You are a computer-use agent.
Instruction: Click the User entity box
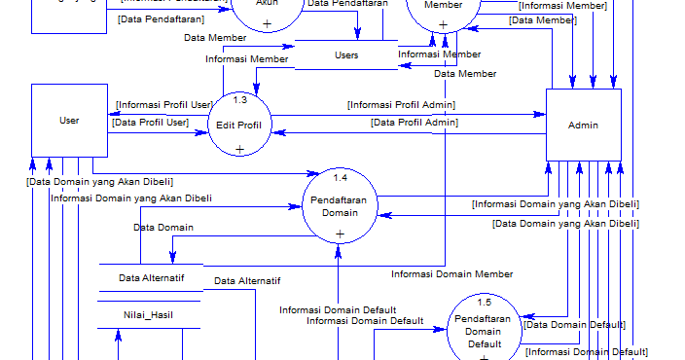coord(69,121)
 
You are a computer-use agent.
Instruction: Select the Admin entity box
coord(583,125)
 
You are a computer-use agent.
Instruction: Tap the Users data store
coord(346,55)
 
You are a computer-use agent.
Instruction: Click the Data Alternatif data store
coord(150,278)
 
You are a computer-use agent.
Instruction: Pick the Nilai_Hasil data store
coord(148,314)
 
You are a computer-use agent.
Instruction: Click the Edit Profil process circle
coord(239,124)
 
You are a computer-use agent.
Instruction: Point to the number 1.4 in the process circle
coord(340,177)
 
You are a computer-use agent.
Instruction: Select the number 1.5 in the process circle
coord(484,304)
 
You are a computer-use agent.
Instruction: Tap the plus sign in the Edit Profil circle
coord(239,148)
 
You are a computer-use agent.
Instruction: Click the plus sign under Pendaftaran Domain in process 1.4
coord(340,234)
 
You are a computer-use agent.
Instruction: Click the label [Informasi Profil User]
coord(163,104)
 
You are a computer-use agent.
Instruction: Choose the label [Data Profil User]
coord(150,122)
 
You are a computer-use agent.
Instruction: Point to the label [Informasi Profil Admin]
coord(401,104)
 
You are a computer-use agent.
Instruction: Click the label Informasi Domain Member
coord(451,274)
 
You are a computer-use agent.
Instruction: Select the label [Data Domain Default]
coord(574,324)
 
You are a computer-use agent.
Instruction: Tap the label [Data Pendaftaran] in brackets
coord(160,18)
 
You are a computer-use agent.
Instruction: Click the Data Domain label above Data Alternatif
coord(162,227)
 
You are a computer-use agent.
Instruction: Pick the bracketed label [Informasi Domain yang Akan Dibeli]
coord(555,204)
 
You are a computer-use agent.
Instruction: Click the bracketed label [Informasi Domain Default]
coord(587,351)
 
